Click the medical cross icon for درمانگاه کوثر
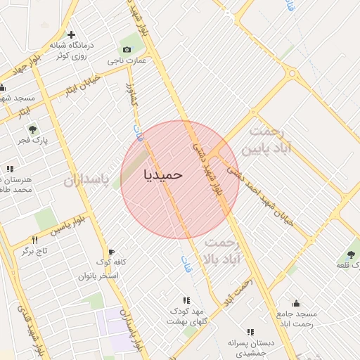[71, 34]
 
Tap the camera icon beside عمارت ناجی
[127, 49]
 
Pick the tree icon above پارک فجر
[32, 129]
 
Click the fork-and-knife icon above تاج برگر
[34, 240]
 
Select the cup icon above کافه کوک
[111, 252]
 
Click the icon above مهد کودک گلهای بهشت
[186, 300]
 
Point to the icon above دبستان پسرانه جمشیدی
[250, 332]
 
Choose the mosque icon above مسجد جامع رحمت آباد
[297, 303]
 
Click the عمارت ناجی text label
[127, 61]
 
